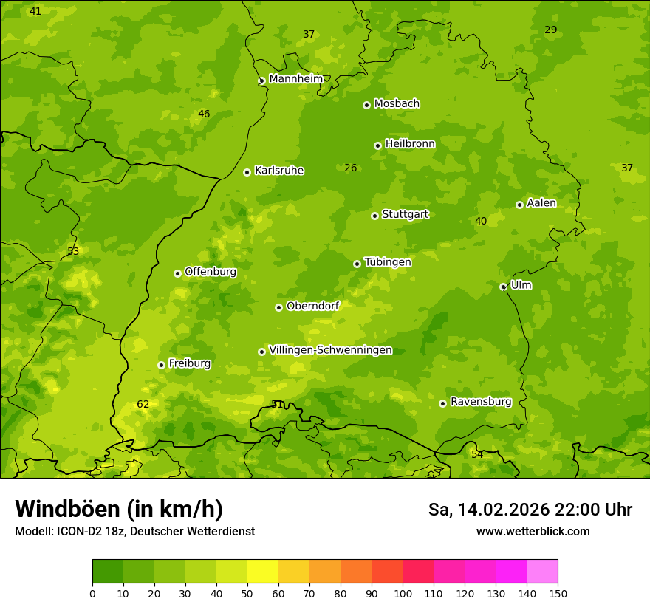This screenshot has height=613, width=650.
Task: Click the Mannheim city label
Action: click(295, 79)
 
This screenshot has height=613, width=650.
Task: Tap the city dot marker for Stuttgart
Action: click(374, 216)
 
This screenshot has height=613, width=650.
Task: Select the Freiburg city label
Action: click(189, 363)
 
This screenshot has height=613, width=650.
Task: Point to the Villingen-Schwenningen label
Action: click(330, 350)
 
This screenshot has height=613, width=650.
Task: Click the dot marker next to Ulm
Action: click(503, 287)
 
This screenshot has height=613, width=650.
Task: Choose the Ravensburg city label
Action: click(480, 402)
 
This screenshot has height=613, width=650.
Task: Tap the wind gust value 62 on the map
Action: click(143, 404)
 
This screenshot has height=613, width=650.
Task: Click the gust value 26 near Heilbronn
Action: click(351, 168)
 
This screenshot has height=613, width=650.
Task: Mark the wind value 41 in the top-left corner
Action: click(35, 11)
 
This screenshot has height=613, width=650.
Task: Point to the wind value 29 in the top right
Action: click(550, 30)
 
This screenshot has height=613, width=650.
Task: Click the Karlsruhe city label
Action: click(279, 171)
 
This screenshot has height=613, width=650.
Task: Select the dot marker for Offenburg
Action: click(177, 273)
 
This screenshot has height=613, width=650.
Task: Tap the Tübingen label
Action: click(388, 262)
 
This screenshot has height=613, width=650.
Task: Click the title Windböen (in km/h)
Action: click(119, 509)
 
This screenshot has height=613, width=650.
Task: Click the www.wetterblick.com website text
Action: click(533, 531)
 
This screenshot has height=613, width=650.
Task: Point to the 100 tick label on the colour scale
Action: click(403, 593)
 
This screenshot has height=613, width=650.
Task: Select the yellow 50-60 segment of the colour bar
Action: click(263, 572)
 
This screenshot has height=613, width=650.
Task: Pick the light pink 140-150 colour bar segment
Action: click(542, 572)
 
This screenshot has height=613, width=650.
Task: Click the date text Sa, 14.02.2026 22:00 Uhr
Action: click(530, 510)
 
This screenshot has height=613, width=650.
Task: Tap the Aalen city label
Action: click(541, 203)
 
